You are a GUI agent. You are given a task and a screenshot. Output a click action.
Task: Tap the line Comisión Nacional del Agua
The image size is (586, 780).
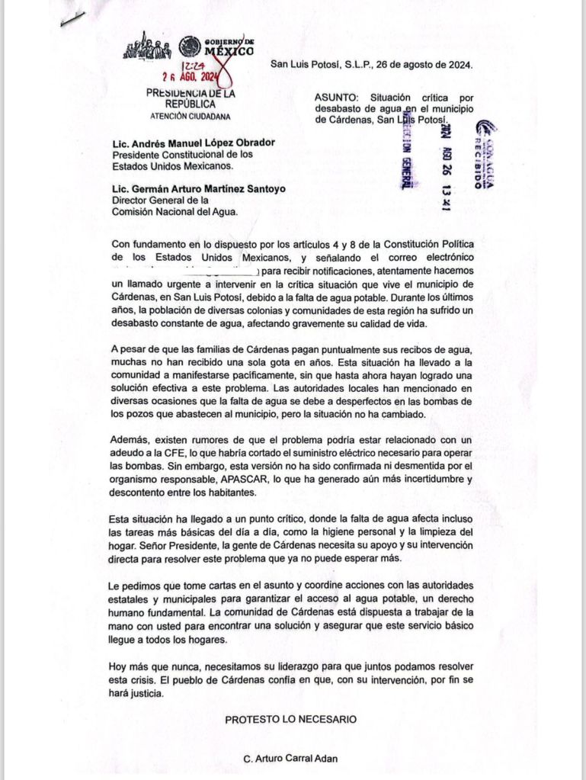[175, 212]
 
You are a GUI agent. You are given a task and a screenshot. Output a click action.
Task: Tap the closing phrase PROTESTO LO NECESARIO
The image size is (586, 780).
[290, 718]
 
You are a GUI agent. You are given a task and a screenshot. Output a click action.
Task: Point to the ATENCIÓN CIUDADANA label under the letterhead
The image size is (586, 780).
[189, 117]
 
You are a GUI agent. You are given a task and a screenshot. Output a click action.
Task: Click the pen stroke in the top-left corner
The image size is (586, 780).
[72, 18]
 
